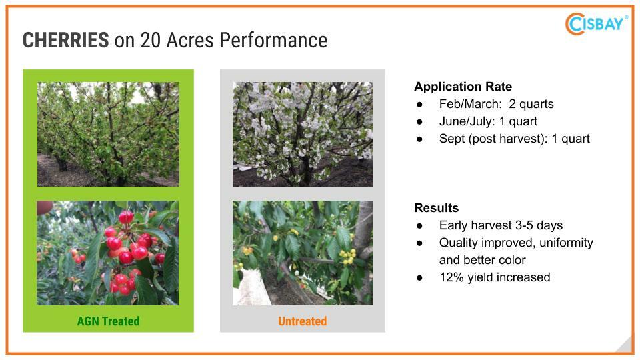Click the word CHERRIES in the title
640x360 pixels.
coord(66,40)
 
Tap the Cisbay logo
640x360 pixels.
coord(596,24)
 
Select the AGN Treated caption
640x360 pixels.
coord(108,321)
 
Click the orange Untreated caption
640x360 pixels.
coord(303,321)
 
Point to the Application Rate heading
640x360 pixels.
coord(463,87)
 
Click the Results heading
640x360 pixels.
coord(436,208)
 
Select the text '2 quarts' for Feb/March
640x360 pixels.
coord(531,104)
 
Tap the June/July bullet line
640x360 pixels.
coord(488,121)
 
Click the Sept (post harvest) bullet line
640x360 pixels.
coord(514,139)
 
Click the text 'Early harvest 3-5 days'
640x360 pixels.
coord(501,225)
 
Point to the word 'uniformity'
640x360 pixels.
coord(566,243)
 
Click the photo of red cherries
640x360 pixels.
coord(108,253)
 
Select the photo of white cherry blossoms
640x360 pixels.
coord(303,134)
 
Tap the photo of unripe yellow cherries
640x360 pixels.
coord(303,253)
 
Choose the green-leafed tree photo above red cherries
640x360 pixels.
coord(108,134)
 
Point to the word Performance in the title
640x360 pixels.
coord(273,40)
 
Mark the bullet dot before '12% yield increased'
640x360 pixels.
coord(419,278)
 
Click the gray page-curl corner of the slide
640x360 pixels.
coord(626,346)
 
